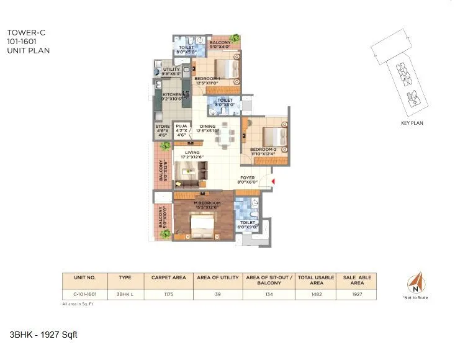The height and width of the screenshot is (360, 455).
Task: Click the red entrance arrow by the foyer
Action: click(273, 181)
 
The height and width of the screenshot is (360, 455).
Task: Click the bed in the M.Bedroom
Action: click(201, 226)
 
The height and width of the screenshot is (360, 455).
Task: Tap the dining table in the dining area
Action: click(224, 138)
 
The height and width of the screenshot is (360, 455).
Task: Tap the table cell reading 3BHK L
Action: click(125, 295)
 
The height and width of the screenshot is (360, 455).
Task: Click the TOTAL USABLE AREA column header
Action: click(315, 280)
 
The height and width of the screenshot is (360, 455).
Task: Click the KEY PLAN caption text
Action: click(412, 123)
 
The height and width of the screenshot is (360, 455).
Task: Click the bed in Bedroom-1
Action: click(228, 69)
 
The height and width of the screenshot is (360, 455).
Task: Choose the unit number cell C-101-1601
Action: click(84, 295)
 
